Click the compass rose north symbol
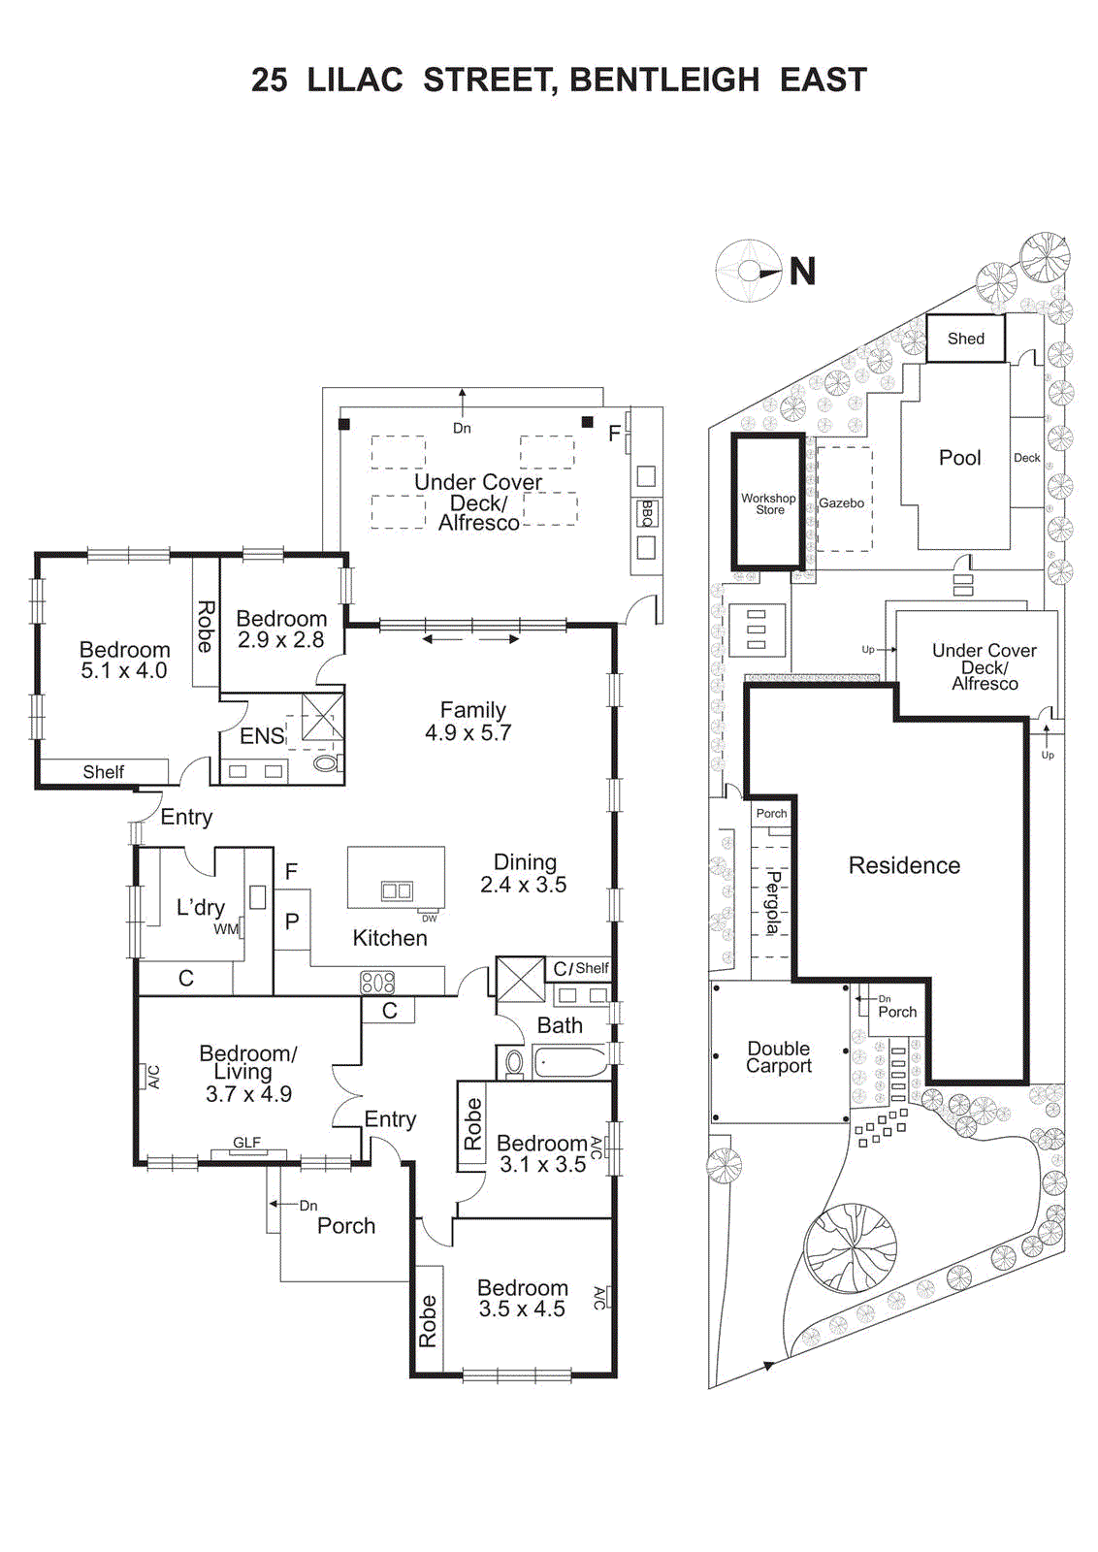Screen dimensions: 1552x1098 [x=750, y=272]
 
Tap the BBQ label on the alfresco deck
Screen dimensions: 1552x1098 [x=647, y=512]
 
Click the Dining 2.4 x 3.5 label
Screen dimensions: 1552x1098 [x=524, y=873]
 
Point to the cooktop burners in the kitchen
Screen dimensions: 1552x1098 [x=377, y=982]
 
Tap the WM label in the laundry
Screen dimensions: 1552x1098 [x=225, y=929]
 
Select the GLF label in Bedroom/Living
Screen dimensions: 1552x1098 [x=246, y=1143]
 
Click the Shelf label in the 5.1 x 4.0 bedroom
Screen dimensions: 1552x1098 [x=103, y=772]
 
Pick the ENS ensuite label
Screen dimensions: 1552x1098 [x=262, y=736]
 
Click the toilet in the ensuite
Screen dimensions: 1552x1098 [x=326, y=763]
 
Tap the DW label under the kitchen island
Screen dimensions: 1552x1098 [x=429, y=918]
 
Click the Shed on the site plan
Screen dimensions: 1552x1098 [x=965, y=339]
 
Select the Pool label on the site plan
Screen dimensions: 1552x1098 [x=959, y=458]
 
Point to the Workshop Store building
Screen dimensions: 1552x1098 [x=768, y=503]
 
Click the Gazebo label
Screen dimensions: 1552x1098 [x=841, y=502]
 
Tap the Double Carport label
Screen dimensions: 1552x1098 [x=779, y=1056]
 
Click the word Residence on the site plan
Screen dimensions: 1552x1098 [x=904, y=865]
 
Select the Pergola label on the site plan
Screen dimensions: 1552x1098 [x=773, y=903]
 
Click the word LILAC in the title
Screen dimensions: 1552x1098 [x=355, y=80]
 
